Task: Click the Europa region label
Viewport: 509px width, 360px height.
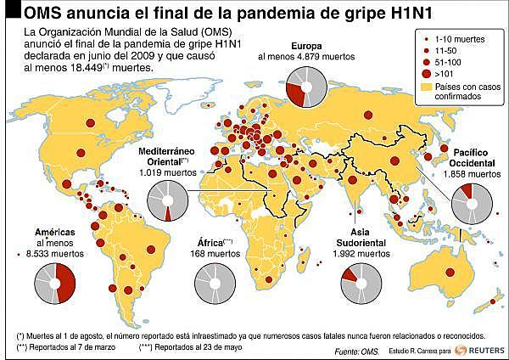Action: [x=306, y=45]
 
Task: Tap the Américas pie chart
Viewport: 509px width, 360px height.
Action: [x=56, y=283]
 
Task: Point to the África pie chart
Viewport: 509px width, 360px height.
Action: [x=214, y=283]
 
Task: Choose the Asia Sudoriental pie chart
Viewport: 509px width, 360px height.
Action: [x=360, y=283]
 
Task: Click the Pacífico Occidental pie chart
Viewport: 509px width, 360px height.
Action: [x=471, y=204]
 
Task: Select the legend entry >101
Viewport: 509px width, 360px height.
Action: [x=447, y=75]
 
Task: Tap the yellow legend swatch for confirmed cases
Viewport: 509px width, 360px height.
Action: [x=427, y=87]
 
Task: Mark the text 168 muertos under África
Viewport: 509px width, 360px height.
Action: [x=214, y=253]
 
